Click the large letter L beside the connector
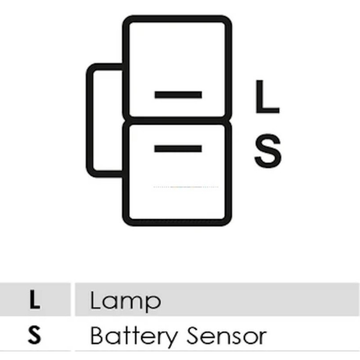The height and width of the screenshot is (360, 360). [267, 97]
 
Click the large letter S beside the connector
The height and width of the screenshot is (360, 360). [268, 151]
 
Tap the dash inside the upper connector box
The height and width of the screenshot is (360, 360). [178, 94]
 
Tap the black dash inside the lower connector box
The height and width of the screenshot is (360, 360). [178, 148]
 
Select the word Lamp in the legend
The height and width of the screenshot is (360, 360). [126, 301]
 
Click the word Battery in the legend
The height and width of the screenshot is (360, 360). [134, 336]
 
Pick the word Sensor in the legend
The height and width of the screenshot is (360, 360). [226, 336]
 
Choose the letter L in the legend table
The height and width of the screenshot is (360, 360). [35, 299]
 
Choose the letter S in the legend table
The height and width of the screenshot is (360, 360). [35, 335]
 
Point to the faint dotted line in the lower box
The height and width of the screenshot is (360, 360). [186, 187]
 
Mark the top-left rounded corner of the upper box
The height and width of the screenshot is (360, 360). [127, 20]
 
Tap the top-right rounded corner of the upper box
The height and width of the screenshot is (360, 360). [228, 20]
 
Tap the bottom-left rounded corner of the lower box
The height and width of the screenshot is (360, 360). [127, 221]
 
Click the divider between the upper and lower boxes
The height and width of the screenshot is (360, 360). [177, 121]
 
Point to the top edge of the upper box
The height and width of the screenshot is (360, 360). [177, 19]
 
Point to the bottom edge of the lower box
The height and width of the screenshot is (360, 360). [177, 223]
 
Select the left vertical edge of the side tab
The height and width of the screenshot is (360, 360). [90, 120]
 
